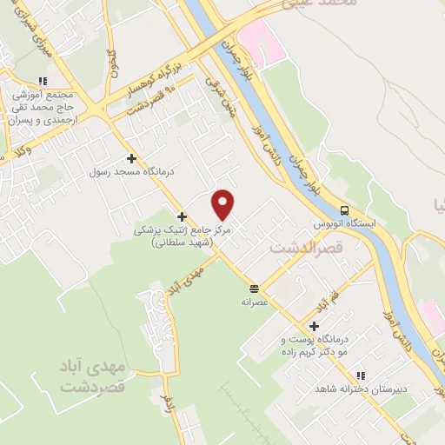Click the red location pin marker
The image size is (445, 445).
[224, 204]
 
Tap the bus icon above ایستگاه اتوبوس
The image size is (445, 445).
[345, 210]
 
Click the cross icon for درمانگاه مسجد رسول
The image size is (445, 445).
[131, 158]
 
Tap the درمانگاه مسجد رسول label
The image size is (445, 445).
[132, 172]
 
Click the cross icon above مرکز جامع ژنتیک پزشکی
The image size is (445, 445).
[182, 216]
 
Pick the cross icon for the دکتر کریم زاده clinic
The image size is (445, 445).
[314, 325]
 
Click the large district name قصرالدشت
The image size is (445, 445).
[302, 248]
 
